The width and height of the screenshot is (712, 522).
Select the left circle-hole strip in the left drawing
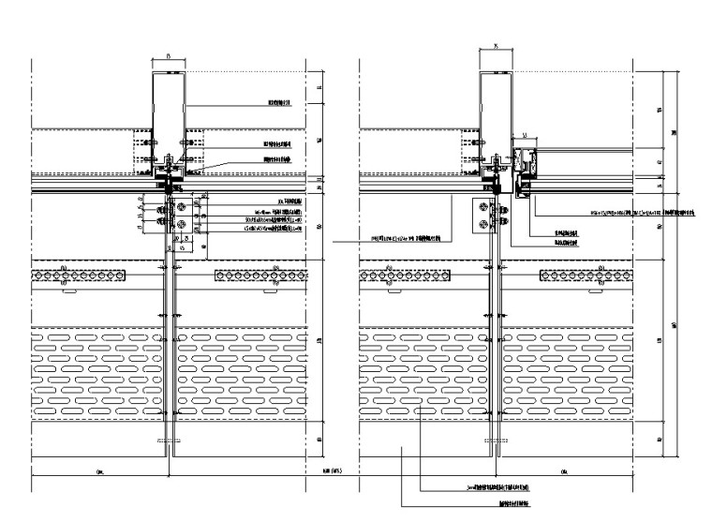(79, 275)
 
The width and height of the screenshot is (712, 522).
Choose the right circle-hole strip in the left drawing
(260, 275)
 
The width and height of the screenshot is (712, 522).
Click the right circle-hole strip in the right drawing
(587, 275)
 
